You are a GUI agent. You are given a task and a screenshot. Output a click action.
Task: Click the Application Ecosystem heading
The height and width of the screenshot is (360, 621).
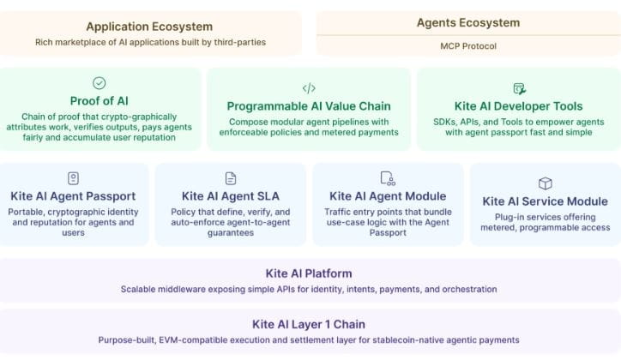(x=149, y=27)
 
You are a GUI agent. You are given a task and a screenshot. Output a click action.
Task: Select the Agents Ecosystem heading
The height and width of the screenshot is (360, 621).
(x=467, y=23)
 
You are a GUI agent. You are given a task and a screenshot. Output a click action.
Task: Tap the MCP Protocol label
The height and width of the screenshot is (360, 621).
(x=467, y=45)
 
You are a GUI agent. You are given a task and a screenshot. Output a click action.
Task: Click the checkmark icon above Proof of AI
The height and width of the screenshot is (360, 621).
(x=99, y=83)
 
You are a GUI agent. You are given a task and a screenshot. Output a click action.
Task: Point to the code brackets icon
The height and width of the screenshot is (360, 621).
(x=309, y=88)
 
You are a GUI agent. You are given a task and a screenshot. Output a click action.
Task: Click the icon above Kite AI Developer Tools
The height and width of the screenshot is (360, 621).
(x=519, y=88)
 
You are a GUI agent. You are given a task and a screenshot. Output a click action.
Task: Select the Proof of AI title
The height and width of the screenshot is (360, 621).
(x=99, y=101)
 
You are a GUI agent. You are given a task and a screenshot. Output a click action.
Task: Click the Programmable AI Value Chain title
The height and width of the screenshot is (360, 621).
(x=309, y=106)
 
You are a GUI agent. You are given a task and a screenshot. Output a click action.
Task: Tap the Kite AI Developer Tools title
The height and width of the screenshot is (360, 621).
(x=520, y=106)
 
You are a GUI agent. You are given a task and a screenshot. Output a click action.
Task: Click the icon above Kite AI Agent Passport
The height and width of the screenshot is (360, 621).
(x=74, y=177)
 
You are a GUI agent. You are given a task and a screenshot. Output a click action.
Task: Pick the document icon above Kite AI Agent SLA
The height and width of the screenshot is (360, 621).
(x=231, y=177)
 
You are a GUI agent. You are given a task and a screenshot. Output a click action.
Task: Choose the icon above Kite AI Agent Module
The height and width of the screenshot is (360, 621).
(x=388, y=177)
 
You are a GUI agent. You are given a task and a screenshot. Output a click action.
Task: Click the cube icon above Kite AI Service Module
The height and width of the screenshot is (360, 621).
(x=545, y=183)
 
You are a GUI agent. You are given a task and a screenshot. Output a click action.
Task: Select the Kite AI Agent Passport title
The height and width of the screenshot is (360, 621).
(x=74, y=196)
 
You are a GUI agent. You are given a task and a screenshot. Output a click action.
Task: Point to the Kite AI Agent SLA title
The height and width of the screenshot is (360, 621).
(x=231, y=196)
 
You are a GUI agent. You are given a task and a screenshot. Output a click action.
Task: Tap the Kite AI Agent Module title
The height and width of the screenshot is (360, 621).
(x=388, y=196)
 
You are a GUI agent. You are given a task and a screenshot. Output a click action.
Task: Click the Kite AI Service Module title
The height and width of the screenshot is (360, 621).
(x=545, y=201)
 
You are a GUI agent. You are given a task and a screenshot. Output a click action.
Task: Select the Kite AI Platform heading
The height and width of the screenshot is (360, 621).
(x=309, y=273)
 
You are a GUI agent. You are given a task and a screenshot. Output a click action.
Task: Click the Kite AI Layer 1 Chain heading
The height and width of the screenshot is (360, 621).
(x=309, y=324)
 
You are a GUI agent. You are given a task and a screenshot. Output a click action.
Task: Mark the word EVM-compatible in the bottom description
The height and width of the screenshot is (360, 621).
(x=192, y=340)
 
